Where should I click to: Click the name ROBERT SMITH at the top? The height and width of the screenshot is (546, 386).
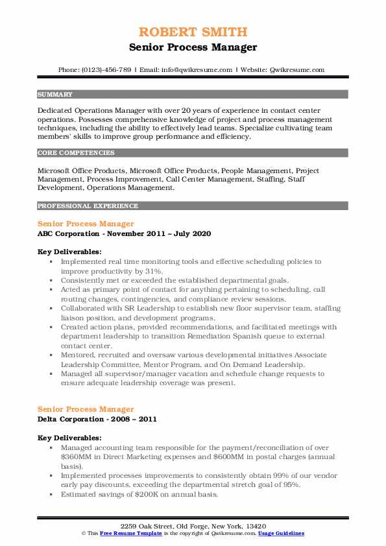coord(193,32)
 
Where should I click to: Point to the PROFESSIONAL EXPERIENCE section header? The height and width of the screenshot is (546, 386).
coord(78,206)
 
